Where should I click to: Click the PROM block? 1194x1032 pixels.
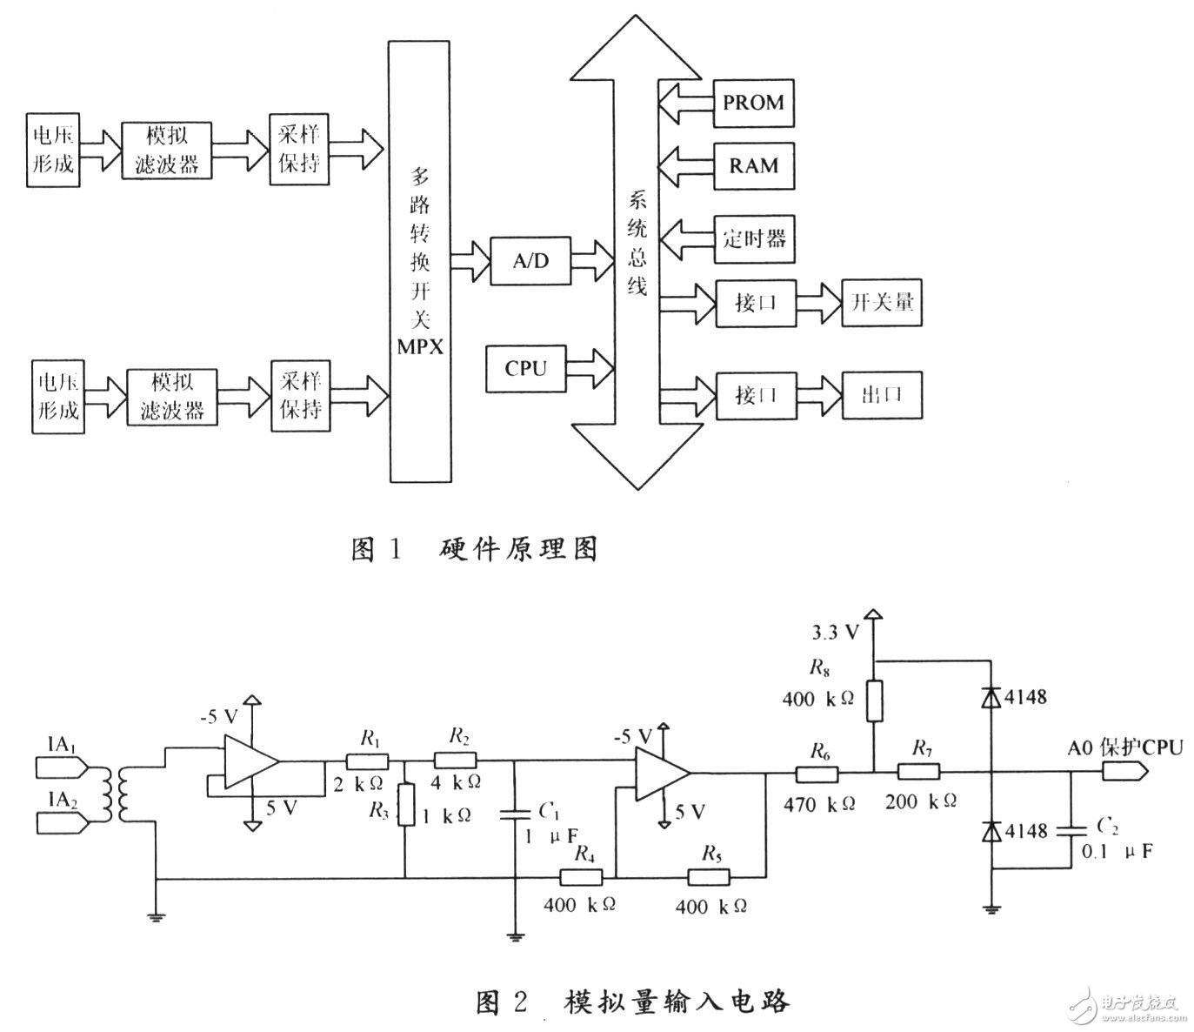pyautogui.click(x=753, y=103)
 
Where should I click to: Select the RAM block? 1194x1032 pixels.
pyautogui.click(x=753, y=166)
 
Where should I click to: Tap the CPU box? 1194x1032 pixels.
pyautogui.click(x=526, y=369)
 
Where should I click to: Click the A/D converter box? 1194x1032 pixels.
pyautogui.click(x=530, y=260)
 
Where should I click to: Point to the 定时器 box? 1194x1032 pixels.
pyautogui.click(x=754, y=238)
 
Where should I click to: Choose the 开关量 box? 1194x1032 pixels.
pyautogui.click(x=882, y=304)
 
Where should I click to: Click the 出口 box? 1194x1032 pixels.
pyautogui.click(x=882, y=395)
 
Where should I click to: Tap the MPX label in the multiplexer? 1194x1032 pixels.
pyautogui.click(x=420, y=346)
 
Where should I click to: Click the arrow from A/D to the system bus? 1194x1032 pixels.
pyautogui.click(x=596, y=259)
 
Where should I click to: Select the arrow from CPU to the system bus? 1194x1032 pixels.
pyautogui.click(x=592, y=368)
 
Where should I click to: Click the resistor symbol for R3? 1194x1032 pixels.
pyautogui.click(x=405, y=804)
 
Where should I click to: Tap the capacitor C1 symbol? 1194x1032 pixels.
pyautogui.click(x=515, y=814)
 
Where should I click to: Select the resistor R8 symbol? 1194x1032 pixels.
pyautogui.click(x=875, y=701)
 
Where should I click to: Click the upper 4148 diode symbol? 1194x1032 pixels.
pyautogui.click(x=991, y=698)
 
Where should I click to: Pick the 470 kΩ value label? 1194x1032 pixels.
pyautogui.click(x=818, y=804)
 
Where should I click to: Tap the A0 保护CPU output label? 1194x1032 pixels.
pyautogui.click(x=1125, y=747)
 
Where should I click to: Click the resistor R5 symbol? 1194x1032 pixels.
pyautogui.click(x=710, y=877)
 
